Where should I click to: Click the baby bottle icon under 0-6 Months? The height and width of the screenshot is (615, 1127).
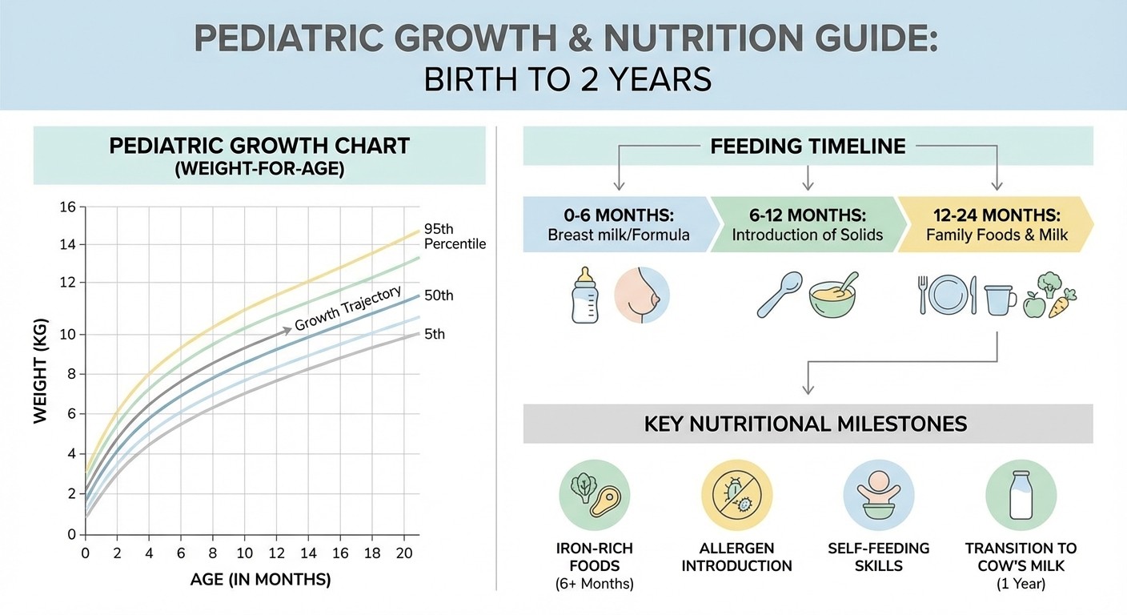coord(585,295)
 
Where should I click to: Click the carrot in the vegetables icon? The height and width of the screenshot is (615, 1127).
coord(1062,303)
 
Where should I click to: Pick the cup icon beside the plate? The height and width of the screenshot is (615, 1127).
coord(1000,299)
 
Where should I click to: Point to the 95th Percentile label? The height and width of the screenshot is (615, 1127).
coord(455,235)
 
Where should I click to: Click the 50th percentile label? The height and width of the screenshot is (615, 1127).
coord(439,295)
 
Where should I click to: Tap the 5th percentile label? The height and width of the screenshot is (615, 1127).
coord(435,334)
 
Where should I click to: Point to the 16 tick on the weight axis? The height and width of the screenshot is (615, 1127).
coord(67,208)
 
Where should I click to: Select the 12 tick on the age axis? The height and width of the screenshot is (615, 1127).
coord(277,553)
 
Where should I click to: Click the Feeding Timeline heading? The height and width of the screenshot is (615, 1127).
coord(808,147)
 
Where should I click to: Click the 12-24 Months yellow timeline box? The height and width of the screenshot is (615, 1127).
coord(995,225)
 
